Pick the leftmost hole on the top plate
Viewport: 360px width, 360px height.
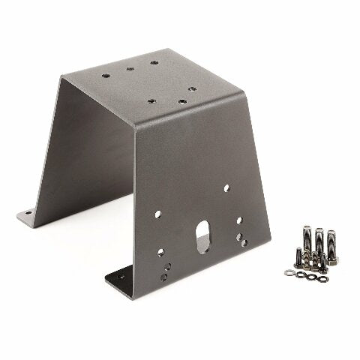coord(103,75)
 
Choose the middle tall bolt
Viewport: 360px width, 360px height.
coord(319,242)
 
